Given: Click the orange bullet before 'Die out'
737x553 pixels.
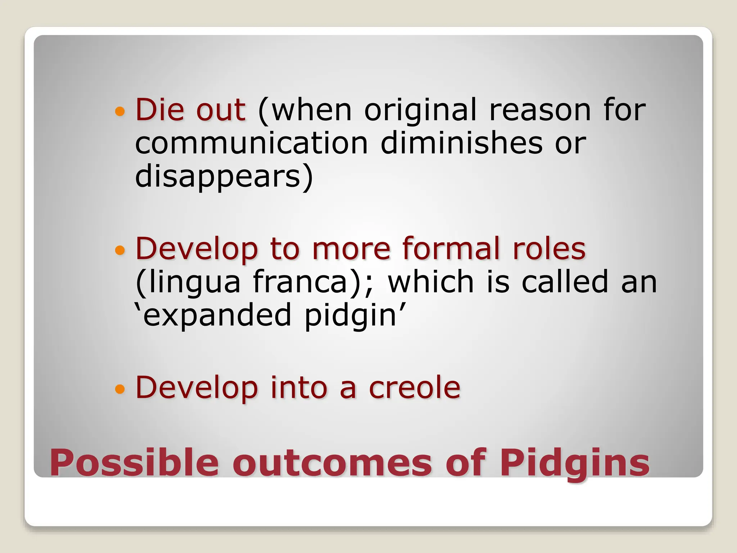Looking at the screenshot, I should pos(120,111).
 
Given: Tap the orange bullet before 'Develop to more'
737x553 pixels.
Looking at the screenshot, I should pos(120,250).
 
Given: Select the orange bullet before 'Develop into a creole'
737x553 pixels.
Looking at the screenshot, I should pos(120,389).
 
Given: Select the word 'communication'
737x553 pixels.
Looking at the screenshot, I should pos(252,143).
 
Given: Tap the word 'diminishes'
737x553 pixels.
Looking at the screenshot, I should pos(461,143).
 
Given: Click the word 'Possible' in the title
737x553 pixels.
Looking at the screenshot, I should pos(134,463).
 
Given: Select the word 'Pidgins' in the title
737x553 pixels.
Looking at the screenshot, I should pos(575,463).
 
